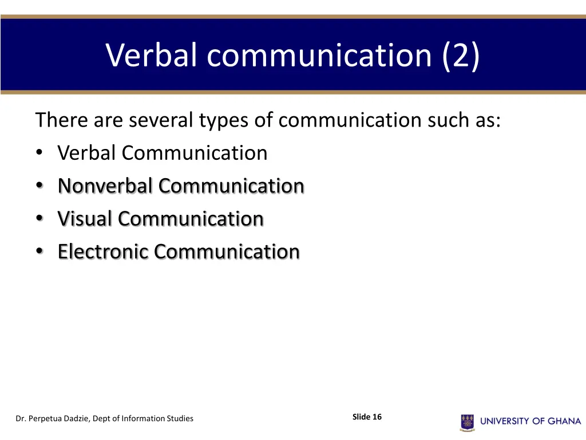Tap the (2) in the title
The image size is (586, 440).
click(x=461, y=56)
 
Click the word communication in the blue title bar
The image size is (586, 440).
click(x=319, y=55)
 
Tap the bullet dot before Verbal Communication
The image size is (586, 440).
click(x=38, y=153)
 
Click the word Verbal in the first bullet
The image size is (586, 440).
click(x=86, y=153)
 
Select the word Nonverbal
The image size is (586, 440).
click(x=105, y=186)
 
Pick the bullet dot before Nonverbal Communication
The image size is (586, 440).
click(x=38, y=186)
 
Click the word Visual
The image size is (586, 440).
click(x=85, y=218)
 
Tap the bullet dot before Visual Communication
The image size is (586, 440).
click(x=38, y=218)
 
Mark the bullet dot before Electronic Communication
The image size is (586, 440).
click(x=38, y=251)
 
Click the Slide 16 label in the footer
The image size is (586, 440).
click(x=367, y=417)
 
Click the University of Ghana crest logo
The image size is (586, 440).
click(x=468, y=422)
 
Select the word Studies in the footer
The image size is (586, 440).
click(x=179, y=419)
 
